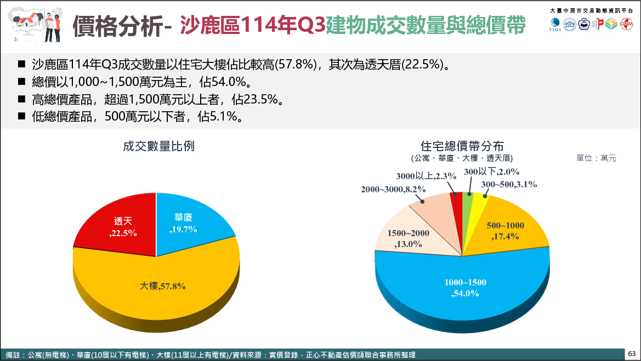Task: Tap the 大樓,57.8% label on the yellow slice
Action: [162, 286]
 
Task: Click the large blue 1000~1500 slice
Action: [466, 287]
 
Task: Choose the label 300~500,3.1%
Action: [508, 184]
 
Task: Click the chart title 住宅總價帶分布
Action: [462, 146]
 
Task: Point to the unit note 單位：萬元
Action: [597, 158]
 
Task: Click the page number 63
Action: [631, 353]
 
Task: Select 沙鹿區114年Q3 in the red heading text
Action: [252, 26]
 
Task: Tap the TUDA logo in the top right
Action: [555, 25]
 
